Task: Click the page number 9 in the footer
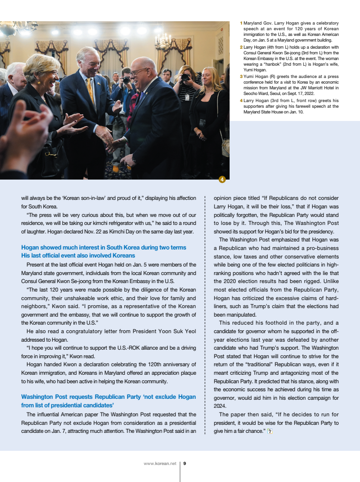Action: coord(185,464)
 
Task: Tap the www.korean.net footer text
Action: coord(160,464)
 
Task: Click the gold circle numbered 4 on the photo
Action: coord(222,179)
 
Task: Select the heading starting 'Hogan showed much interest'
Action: coord(103,248)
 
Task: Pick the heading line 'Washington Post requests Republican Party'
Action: coord(108,397)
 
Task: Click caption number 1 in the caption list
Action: coord(241,23)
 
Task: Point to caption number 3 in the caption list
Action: coord(241,76)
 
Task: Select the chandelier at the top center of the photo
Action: coord(163,42)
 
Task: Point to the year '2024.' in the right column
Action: coord(220,406)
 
